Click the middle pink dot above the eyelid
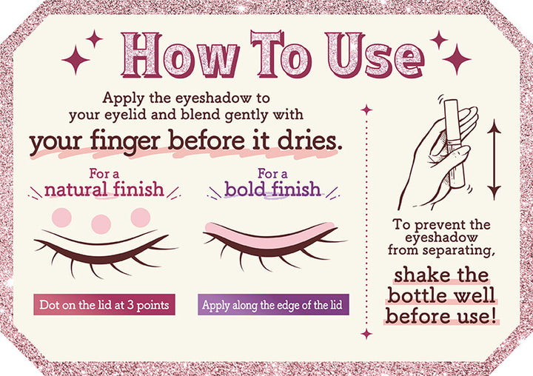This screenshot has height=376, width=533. pos(101,224)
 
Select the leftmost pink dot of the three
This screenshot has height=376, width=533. pos(61,218)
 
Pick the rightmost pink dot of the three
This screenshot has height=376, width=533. pos(141,218)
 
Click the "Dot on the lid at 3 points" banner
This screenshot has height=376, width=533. pos(104,305)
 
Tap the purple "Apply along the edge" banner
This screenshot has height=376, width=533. pos(273,305)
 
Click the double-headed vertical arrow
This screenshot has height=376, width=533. pos(494,159)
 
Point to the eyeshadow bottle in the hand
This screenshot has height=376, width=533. pos(454,142)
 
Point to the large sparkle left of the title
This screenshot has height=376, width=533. pos(76,60)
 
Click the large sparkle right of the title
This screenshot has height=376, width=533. pos(457,59)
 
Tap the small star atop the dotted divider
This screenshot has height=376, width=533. pos(366,110)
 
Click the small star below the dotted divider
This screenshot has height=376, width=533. pos(366,334)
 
